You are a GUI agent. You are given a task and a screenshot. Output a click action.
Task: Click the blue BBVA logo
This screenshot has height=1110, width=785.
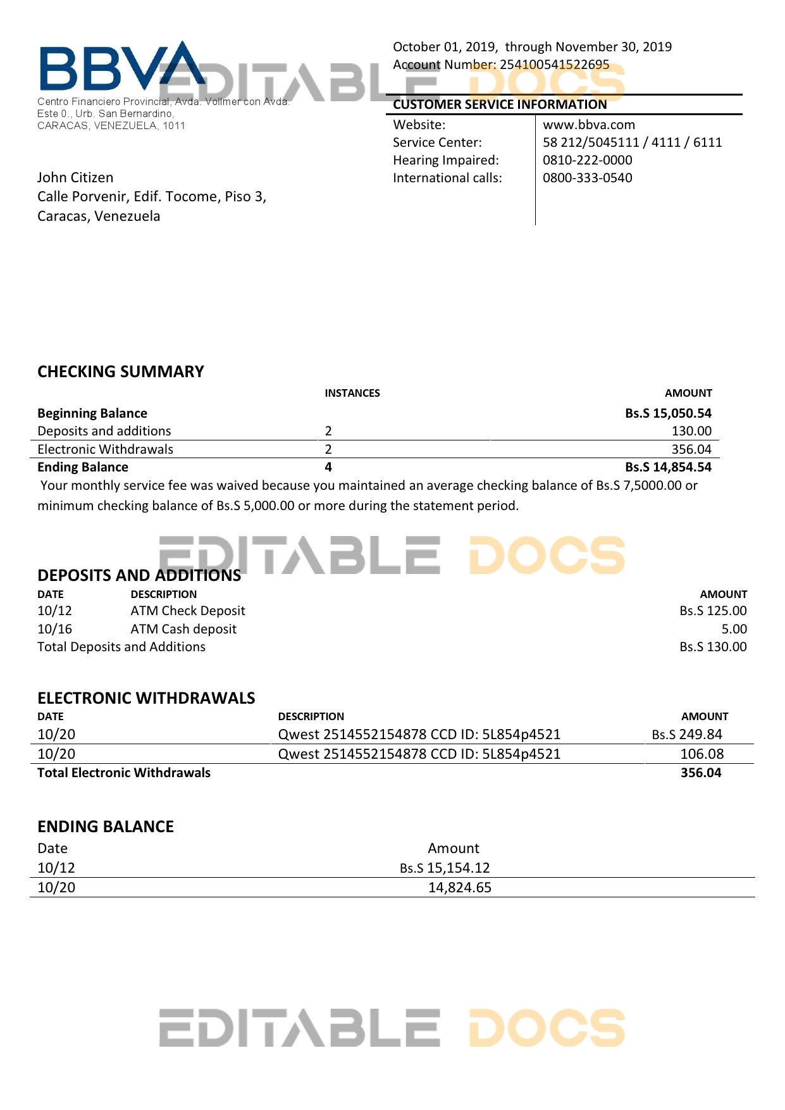pyautogui.click(x=120, y=66)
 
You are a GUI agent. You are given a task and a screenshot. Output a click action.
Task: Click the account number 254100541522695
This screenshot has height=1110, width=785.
pyautogui.click(x=554, y=65)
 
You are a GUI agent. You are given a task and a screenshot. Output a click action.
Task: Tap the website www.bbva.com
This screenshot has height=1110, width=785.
pyautogui.click(x=588, y=125)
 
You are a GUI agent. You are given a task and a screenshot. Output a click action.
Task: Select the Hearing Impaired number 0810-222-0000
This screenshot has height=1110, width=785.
pyautogui.click(x=587, y=160)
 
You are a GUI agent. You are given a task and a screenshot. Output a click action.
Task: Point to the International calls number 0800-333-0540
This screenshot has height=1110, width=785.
pyautogui.click(x=587, y=178)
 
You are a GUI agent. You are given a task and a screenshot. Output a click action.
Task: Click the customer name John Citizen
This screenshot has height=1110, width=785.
pyautogui.click(x=75, y=177)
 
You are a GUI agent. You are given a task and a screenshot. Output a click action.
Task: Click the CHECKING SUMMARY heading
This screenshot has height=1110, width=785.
pyautogui.click(x=121, y=371)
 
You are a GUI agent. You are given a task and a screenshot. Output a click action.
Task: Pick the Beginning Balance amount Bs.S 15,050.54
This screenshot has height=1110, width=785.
pyautogui.click(x=668, y=413)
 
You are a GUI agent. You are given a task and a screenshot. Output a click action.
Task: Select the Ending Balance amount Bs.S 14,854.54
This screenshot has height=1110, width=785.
pyautogui.click(x=668, y=467)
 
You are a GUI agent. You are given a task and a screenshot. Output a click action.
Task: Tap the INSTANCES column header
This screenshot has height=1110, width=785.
pyautogui.click(x=352, y=393)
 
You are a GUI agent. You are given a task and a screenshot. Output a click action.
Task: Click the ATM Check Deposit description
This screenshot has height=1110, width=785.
pyautogui.click(x=188, y=611)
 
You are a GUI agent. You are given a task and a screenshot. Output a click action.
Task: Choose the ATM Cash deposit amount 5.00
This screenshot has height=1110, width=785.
pyautogui.click(x=734, y=629)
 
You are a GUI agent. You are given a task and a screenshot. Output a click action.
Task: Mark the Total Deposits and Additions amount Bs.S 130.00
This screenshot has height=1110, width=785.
pyautogui.click(x=713, y=647)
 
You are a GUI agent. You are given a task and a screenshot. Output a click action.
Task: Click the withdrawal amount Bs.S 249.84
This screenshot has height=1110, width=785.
pyautogui.click(x=687, y=734)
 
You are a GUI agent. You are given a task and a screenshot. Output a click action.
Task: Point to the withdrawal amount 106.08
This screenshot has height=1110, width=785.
pyautogui.click(x=702, y=754)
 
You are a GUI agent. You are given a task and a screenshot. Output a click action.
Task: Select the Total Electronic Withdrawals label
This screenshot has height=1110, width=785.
pyautogui.click(x=124, y=773)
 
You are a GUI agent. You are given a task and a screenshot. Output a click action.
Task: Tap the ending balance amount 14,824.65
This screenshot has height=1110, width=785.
pyautogui.click(x=459, y=887)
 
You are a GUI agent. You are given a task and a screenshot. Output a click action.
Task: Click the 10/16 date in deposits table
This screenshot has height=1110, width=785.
pyautogui.click(x=55, y=629)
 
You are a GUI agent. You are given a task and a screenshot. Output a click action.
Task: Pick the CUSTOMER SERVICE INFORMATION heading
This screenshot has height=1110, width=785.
pyautogui.click(x=500, y=104)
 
